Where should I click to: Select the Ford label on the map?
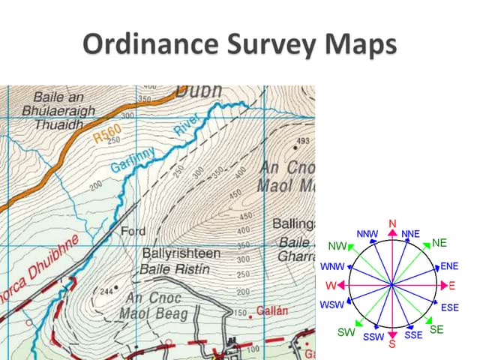pyautogui.click(x=133, y=231)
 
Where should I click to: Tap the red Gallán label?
pyautogui.click(x=267, y=310)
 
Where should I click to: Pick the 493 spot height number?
pyautogui.click(x=303, y=141)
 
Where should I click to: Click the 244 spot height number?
pyautogui.click(x=105, y=291)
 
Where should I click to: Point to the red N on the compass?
pyautogui.click(x=392, y=223)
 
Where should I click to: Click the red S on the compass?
pyautogui.click(x=391, y=345)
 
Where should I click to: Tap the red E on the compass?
pyautogui.click(x=452, y=286)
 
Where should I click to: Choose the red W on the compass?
pyautogui.click(x=331, y=285)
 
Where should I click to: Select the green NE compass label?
pyautogui.click(x=439, y=242)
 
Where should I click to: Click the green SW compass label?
pyautogui.click(x=346, y=331)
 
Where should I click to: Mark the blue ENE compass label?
pyautogui.click(x=449, y=265)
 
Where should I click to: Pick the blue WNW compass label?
pyautogui.click(x=331, y=266)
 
